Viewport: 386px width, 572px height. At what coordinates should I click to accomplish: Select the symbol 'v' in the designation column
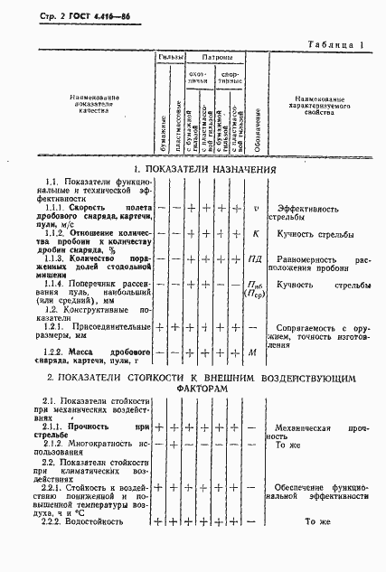257,208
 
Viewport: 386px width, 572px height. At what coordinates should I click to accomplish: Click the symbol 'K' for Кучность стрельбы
257,234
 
